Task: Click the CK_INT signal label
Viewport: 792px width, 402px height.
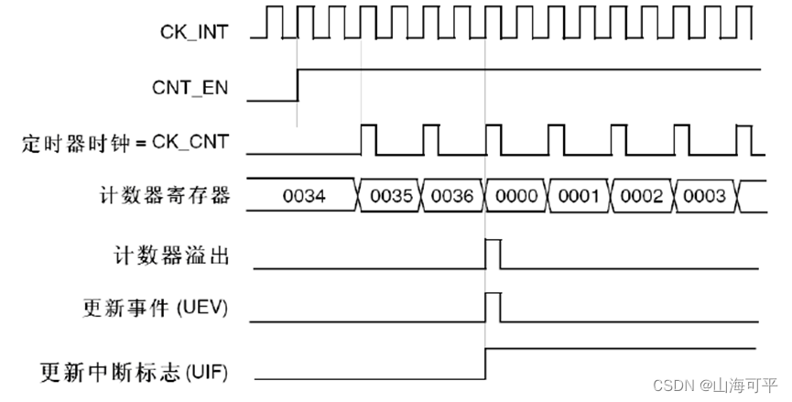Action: tap(194, 32)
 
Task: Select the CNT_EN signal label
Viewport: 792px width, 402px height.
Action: tap(190, 89)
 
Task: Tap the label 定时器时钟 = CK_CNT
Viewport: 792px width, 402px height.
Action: tap(125, 143)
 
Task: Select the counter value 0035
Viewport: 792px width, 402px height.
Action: tap(391, 195)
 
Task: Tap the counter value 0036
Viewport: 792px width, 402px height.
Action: tap(453, 195)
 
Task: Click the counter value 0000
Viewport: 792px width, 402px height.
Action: tap(515, 195)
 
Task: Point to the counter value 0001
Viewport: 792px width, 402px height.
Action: tap(579, 195)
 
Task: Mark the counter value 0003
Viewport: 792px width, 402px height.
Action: tap(704, 195)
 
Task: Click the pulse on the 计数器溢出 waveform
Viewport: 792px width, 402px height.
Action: tap(493, 253)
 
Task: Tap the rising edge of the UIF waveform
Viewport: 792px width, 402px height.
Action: tap(485, 364)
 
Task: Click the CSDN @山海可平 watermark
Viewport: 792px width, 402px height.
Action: tap(716, 386)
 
